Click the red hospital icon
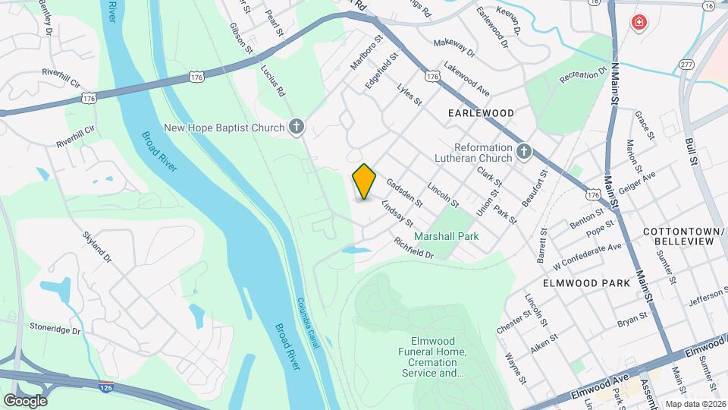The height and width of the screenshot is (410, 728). pos(639,22)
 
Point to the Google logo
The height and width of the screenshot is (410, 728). pos(25,400)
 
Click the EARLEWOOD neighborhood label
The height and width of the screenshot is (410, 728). pos(481,113)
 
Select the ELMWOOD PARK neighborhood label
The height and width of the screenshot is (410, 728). pos(586,283)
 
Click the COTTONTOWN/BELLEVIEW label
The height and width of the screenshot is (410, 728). pos(679,235)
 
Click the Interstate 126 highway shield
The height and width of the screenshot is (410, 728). pos(106,387)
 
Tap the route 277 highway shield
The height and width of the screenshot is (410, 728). pos(687,64)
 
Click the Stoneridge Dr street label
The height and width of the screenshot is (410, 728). pos(55,330)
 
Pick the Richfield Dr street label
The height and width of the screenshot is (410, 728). pos(413,248)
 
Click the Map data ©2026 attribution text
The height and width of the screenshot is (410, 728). pos(695,404)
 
